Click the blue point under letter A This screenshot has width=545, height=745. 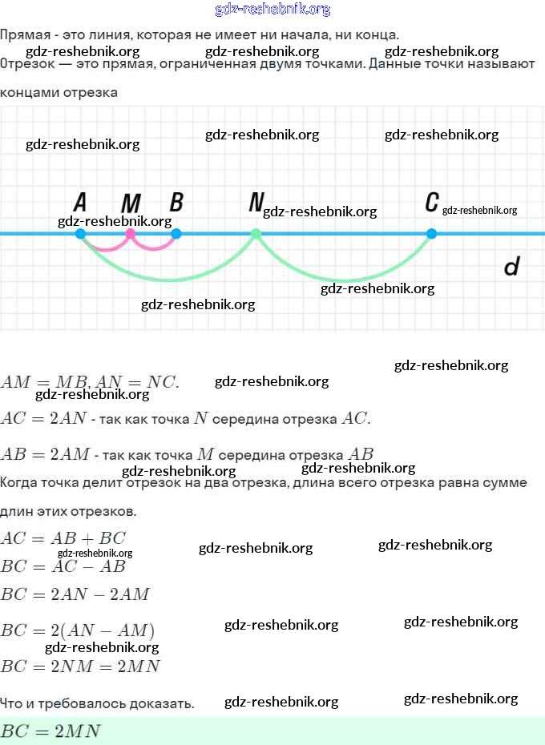pyautogui.click(x=80, y=234)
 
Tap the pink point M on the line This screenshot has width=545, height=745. pyautogui.click(x=131, y=234)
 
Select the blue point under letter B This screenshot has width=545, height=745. pyautogui.click(x=176, y=234)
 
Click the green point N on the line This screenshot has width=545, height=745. pyautogui.click(x=256, y=234)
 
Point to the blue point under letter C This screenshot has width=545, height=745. pyautogui.click(x=431, y=234)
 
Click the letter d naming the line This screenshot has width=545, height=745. pyautogui.click(x=511, y=267)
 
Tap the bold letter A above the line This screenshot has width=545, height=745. pyautogui.click(x=80, y=202)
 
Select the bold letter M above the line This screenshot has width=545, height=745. pyautogui.click(x=131, y=203)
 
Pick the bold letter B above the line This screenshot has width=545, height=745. pyautogui.click(x=176, y=202)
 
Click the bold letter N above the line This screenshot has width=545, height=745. pyautogui.click(x=256, y=202)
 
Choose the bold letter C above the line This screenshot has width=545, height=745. pyautogui.click(x=432, y=202)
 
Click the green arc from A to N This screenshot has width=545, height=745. pyautogui.click(x=168, y=280)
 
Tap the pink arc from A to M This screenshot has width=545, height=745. pyautogui.click(x=106, y=249)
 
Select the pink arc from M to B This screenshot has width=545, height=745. pyautogui.click(x=154, y=249)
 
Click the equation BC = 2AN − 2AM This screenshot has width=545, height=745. pyautogui.click(x=75, y=594)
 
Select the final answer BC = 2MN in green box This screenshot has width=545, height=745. pyautogui.click(x=50, y=731)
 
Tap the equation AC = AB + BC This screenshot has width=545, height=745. pyautogui.click(x=63, y=538)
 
